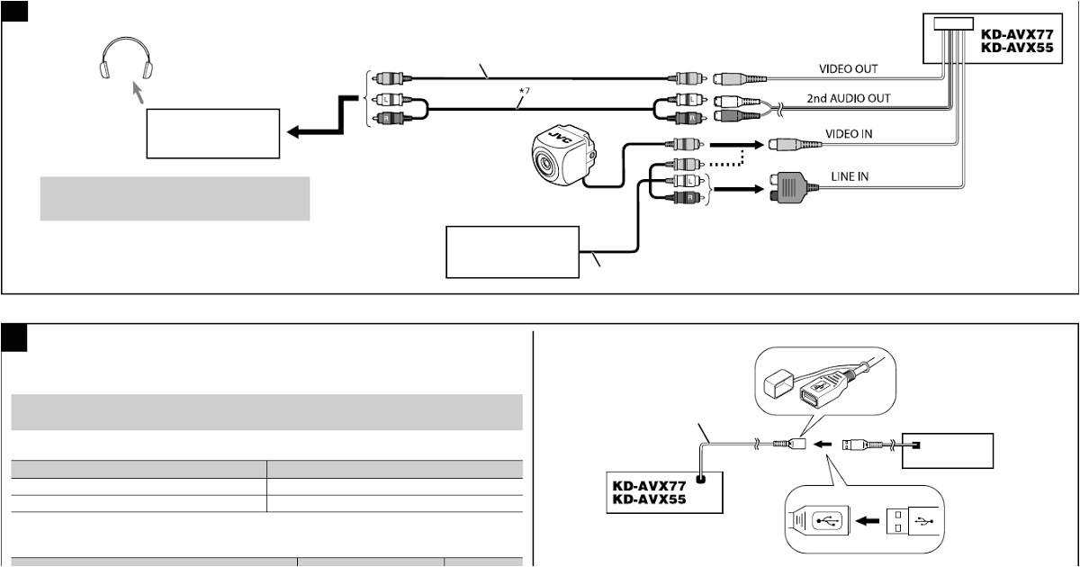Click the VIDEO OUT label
click(x=848, y=68)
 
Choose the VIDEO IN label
click(x=848, y=133)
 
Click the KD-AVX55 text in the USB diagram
click(x=650, y=498)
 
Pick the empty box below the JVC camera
click(x=511, y=252)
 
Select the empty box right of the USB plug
click(x=948, y=451)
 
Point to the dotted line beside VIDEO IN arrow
click(x=728, y=163)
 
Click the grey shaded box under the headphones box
click(x=175, y=198)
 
